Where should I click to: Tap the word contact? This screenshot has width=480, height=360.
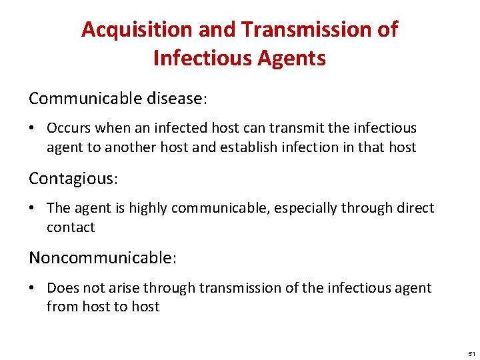[x=71, y=227]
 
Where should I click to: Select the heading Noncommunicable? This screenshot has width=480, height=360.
[x=101, y=258]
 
